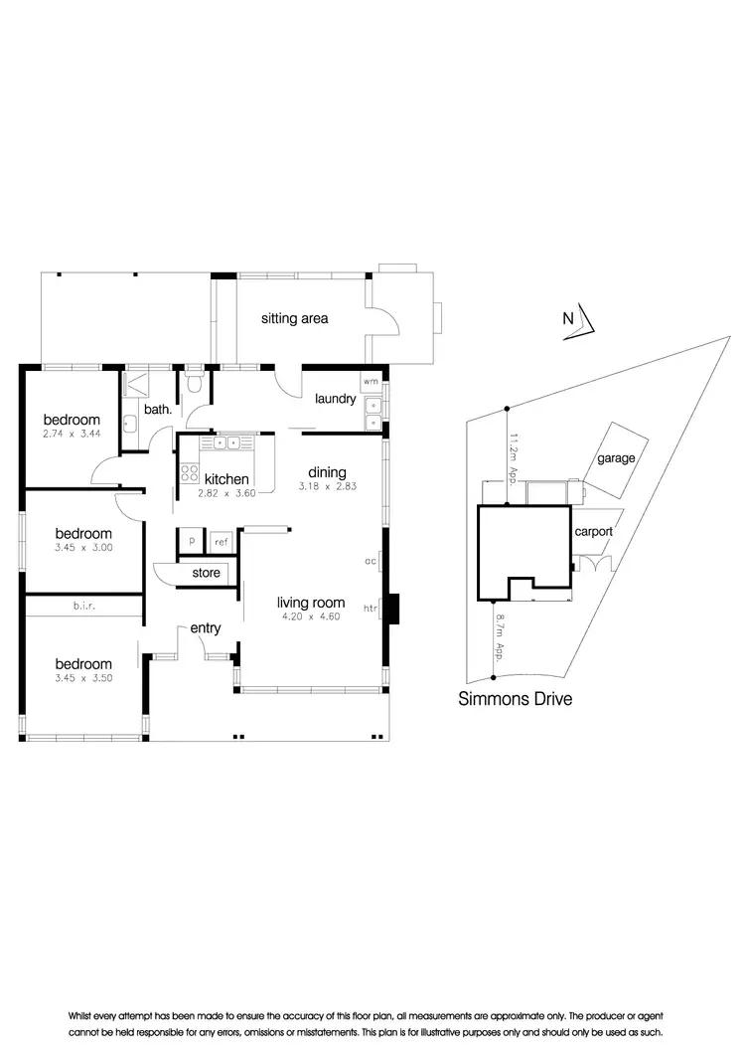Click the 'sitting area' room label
pos(294,319)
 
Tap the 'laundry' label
pos(335,399)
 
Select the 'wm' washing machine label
pos(371,382)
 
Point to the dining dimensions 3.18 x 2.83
pos(327,487)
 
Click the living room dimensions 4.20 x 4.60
pos(310,616)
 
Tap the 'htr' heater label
pos(371,609)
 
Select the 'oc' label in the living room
pos(370,562)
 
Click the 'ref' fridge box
pos(221,543)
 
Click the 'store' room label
pos(206,573)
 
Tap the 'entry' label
pos(206,627)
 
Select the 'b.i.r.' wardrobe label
pos(83,605)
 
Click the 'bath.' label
pos(158,409)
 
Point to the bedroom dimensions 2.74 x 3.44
pos(72,435)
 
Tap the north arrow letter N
pos(568,319)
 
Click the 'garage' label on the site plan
pos(616,458)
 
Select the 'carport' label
pos(593,532)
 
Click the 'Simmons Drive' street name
pos(515,699)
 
